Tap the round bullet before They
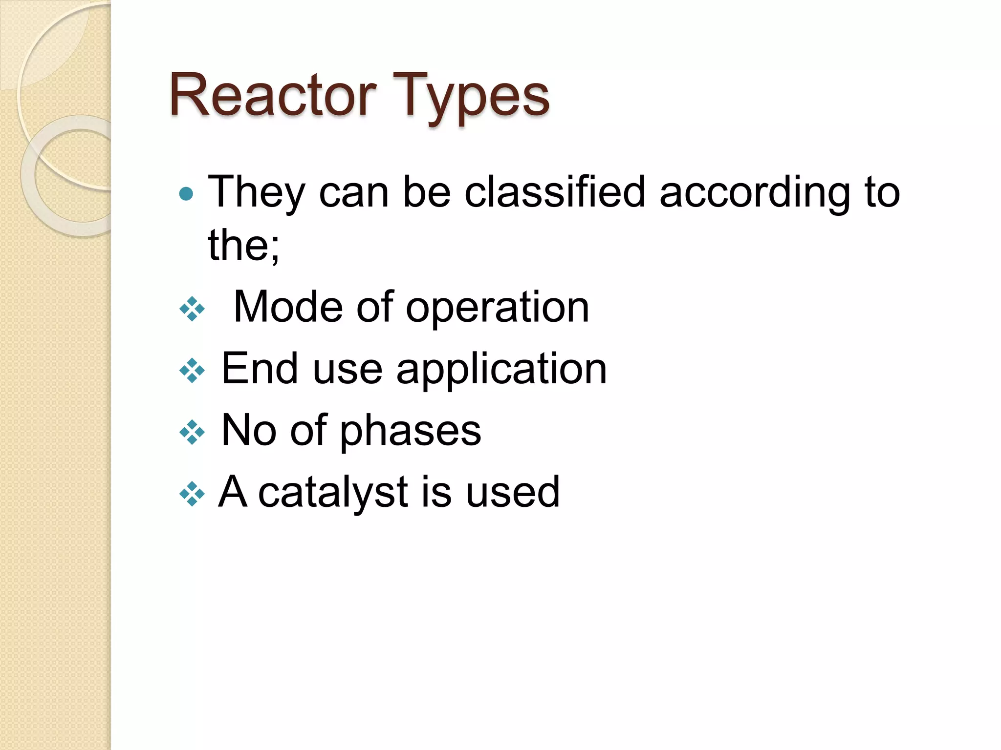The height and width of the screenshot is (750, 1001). [x=186, y=194]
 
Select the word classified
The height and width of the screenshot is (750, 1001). [x=555, y=192]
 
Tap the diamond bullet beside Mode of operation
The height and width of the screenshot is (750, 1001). [x=192, y=309]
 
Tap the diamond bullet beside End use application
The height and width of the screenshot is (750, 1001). [x=192, y=370]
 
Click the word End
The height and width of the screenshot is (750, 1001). [x=260, y=368]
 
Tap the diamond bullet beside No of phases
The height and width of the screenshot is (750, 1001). [x=192, y=432]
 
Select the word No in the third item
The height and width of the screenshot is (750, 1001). [x=249, y=430]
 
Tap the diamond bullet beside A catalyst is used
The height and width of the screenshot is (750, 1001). [x=192, y=494]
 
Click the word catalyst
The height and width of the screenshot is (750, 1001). [x=332, y=492]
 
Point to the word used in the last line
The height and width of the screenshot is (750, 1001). [x=512, y=492]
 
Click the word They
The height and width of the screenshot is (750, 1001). [x=257, y=192]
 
